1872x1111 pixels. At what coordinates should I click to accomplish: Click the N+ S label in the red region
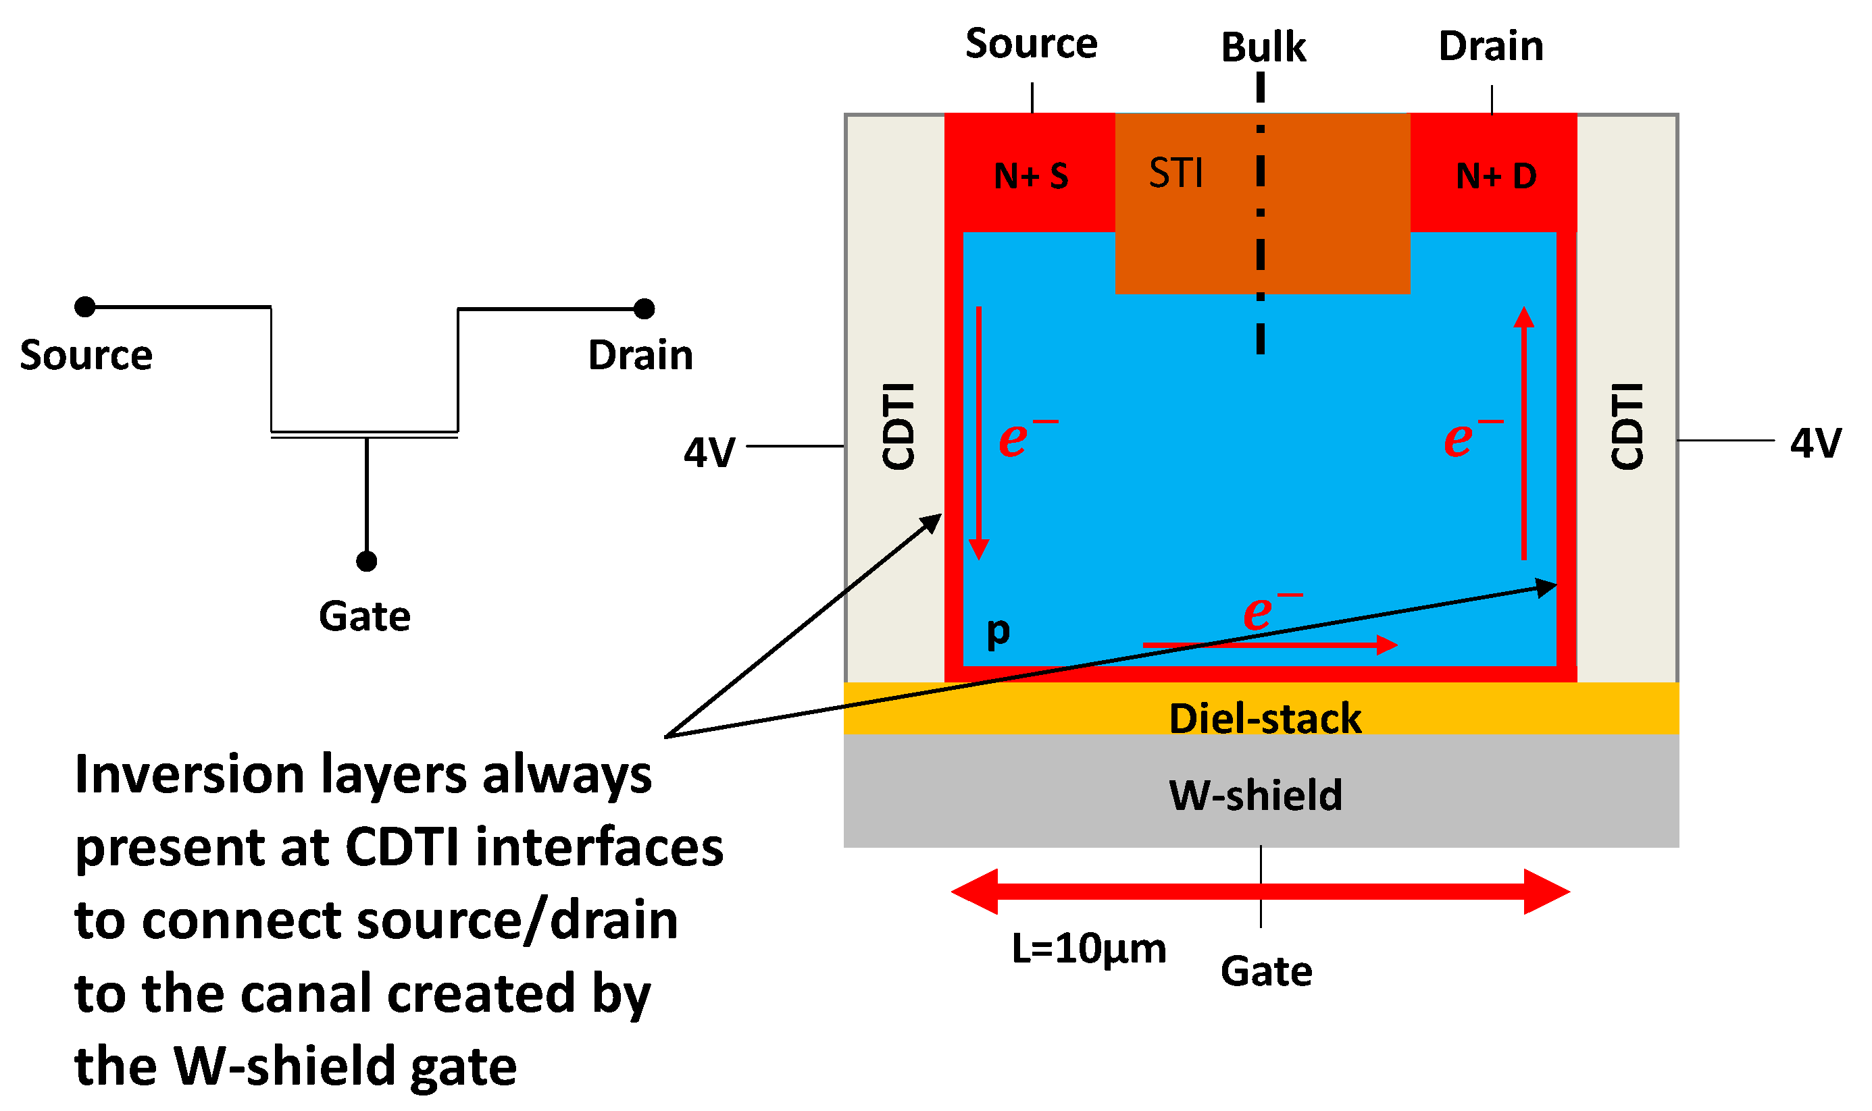1031,177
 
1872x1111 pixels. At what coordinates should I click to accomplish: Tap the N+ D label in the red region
1495,177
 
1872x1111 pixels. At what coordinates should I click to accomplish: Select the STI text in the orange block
1175,173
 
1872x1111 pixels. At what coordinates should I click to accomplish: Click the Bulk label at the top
1263,47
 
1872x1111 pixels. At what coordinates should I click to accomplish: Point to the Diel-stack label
1265,719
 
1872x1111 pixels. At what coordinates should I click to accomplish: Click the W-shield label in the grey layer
1255,795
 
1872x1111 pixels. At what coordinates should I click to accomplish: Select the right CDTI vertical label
1626,426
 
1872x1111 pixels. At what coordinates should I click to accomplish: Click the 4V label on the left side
709,453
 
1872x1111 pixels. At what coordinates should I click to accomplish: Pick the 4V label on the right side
1815,443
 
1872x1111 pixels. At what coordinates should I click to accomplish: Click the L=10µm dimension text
1088,948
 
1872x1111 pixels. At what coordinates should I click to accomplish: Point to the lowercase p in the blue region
998,630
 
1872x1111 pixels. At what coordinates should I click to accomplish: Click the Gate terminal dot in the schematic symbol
366,562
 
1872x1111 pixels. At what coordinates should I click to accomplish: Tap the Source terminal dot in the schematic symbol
85,307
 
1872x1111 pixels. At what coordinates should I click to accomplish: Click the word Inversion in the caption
188,775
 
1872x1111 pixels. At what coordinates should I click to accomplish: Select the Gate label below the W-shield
1266,972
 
